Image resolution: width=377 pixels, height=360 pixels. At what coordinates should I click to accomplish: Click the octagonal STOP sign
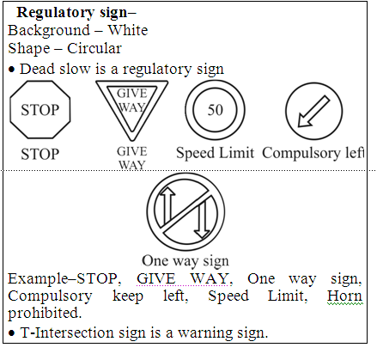40,110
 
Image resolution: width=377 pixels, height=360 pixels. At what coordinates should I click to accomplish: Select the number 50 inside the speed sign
216,110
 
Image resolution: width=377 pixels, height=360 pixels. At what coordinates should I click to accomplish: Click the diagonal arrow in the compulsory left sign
313,112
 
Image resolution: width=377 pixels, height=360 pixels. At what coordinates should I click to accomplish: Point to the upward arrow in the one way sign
167,205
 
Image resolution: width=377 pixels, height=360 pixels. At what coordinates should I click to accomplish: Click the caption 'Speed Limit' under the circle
215,153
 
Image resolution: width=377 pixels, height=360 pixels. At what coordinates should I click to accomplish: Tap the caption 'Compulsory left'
313,153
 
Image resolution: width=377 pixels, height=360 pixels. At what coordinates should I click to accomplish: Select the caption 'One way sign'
185,261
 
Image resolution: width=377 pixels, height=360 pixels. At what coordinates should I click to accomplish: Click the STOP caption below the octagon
40,154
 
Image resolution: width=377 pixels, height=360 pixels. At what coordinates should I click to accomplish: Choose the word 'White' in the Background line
128,30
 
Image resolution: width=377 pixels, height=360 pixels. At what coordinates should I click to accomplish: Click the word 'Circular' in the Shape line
94,48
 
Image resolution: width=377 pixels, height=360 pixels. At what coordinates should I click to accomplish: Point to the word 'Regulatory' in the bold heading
55,13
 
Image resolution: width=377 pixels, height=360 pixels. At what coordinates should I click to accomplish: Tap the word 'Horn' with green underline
345,296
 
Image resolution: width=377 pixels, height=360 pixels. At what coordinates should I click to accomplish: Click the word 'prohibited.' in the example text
45,313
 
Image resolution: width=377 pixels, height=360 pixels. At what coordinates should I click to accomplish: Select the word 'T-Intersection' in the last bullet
67,333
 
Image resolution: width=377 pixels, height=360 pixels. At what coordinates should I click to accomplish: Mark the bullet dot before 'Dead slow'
11,70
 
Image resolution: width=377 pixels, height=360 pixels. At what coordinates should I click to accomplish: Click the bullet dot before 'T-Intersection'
11,333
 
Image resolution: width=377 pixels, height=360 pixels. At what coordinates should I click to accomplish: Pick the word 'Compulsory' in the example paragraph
50,296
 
